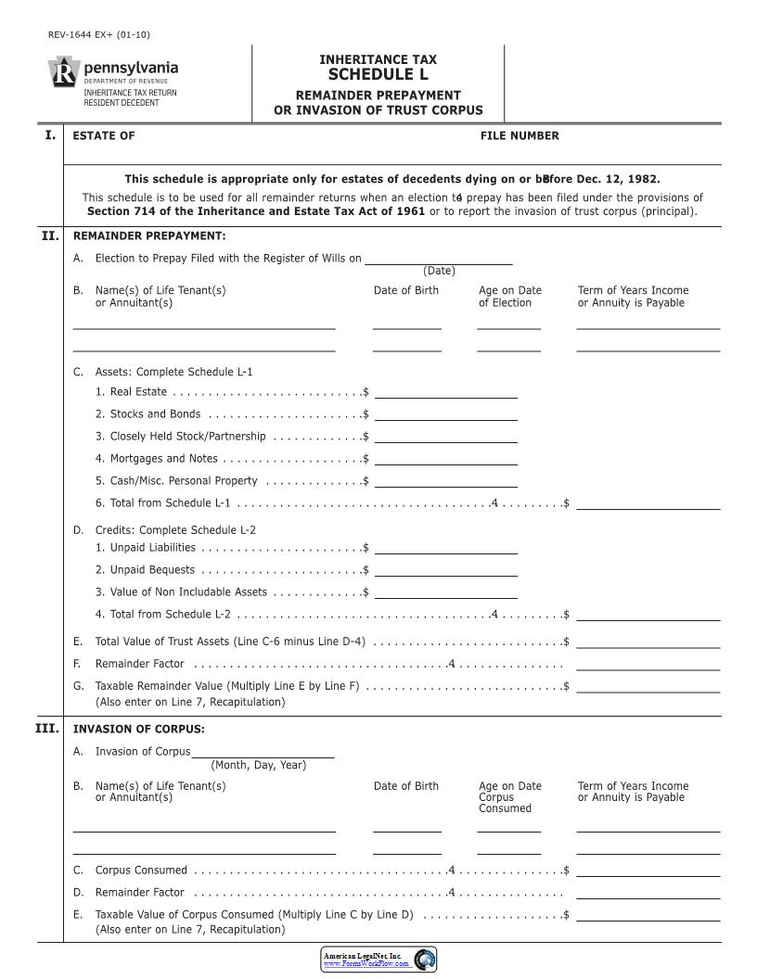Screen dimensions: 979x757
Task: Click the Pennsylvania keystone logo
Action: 63,74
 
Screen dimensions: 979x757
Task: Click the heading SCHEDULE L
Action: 378,75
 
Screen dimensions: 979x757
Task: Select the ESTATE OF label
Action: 104,136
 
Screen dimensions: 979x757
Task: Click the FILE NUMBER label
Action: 520,136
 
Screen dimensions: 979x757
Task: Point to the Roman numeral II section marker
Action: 50,235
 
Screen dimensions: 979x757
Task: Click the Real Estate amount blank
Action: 445,392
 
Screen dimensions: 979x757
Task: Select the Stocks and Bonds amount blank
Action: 445,414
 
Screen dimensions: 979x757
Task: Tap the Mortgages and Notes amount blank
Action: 445,459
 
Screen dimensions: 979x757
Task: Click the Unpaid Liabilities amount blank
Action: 445,548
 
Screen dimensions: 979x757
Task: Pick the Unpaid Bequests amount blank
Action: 445,570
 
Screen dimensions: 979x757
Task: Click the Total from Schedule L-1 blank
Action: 648,503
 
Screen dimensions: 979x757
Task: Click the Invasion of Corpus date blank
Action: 263,752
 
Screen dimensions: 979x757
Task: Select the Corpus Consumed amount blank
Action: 648,871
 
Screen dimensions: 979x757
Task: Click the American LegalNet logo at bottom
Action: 378,960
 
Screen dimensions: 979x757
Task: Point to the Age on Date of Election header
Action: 509,297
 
